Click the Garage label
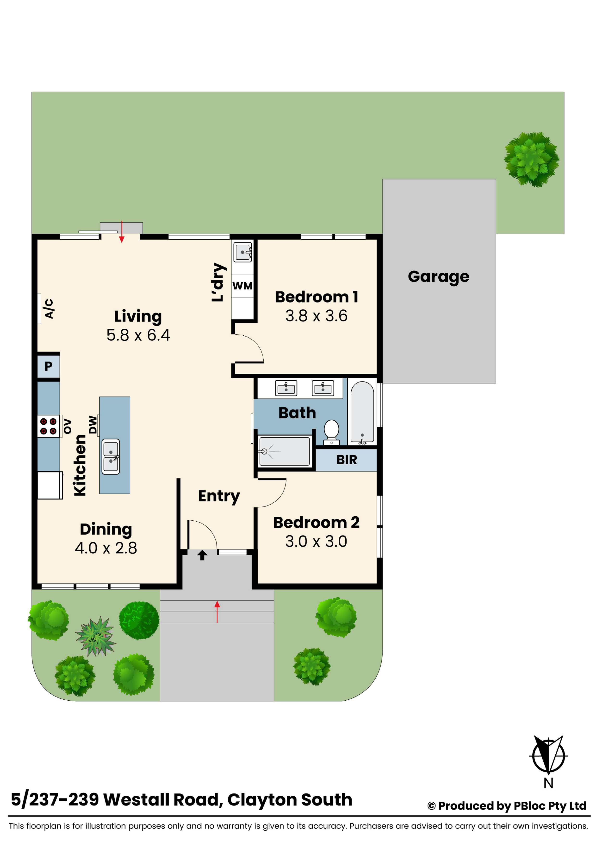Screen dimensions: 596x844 [x=438, y=277]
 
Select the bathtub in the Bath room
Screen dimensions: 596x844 [x=362, y=412]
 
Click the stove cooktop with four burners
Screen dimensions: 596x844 [x=49, y=426]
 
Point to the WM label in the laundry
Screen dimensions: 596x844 [x=242, y=286]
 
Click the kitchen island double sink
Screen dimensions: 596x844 [x=111, y=456]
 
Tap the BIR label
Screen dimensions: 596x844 [x=347, y=460]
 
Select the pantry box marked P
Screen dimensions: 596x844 [x=49, y=366]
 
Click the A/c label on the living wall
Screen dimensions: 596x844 [x=49, y=309]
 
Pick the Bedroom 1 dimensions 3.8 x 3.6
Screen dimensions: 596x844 [x=317, y=316]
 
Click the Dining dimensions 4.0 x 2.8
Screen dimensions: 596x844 [x=106, y=548]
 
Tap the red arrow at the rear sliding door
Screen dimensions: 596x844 [x=122, y=232]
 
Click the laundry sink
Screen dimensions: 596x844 [x=243, y=252]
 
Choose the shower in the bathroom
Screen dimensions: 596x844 [x=284, y=451]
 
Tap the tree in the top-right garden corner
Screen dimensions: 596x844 [x=531, y=160]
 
